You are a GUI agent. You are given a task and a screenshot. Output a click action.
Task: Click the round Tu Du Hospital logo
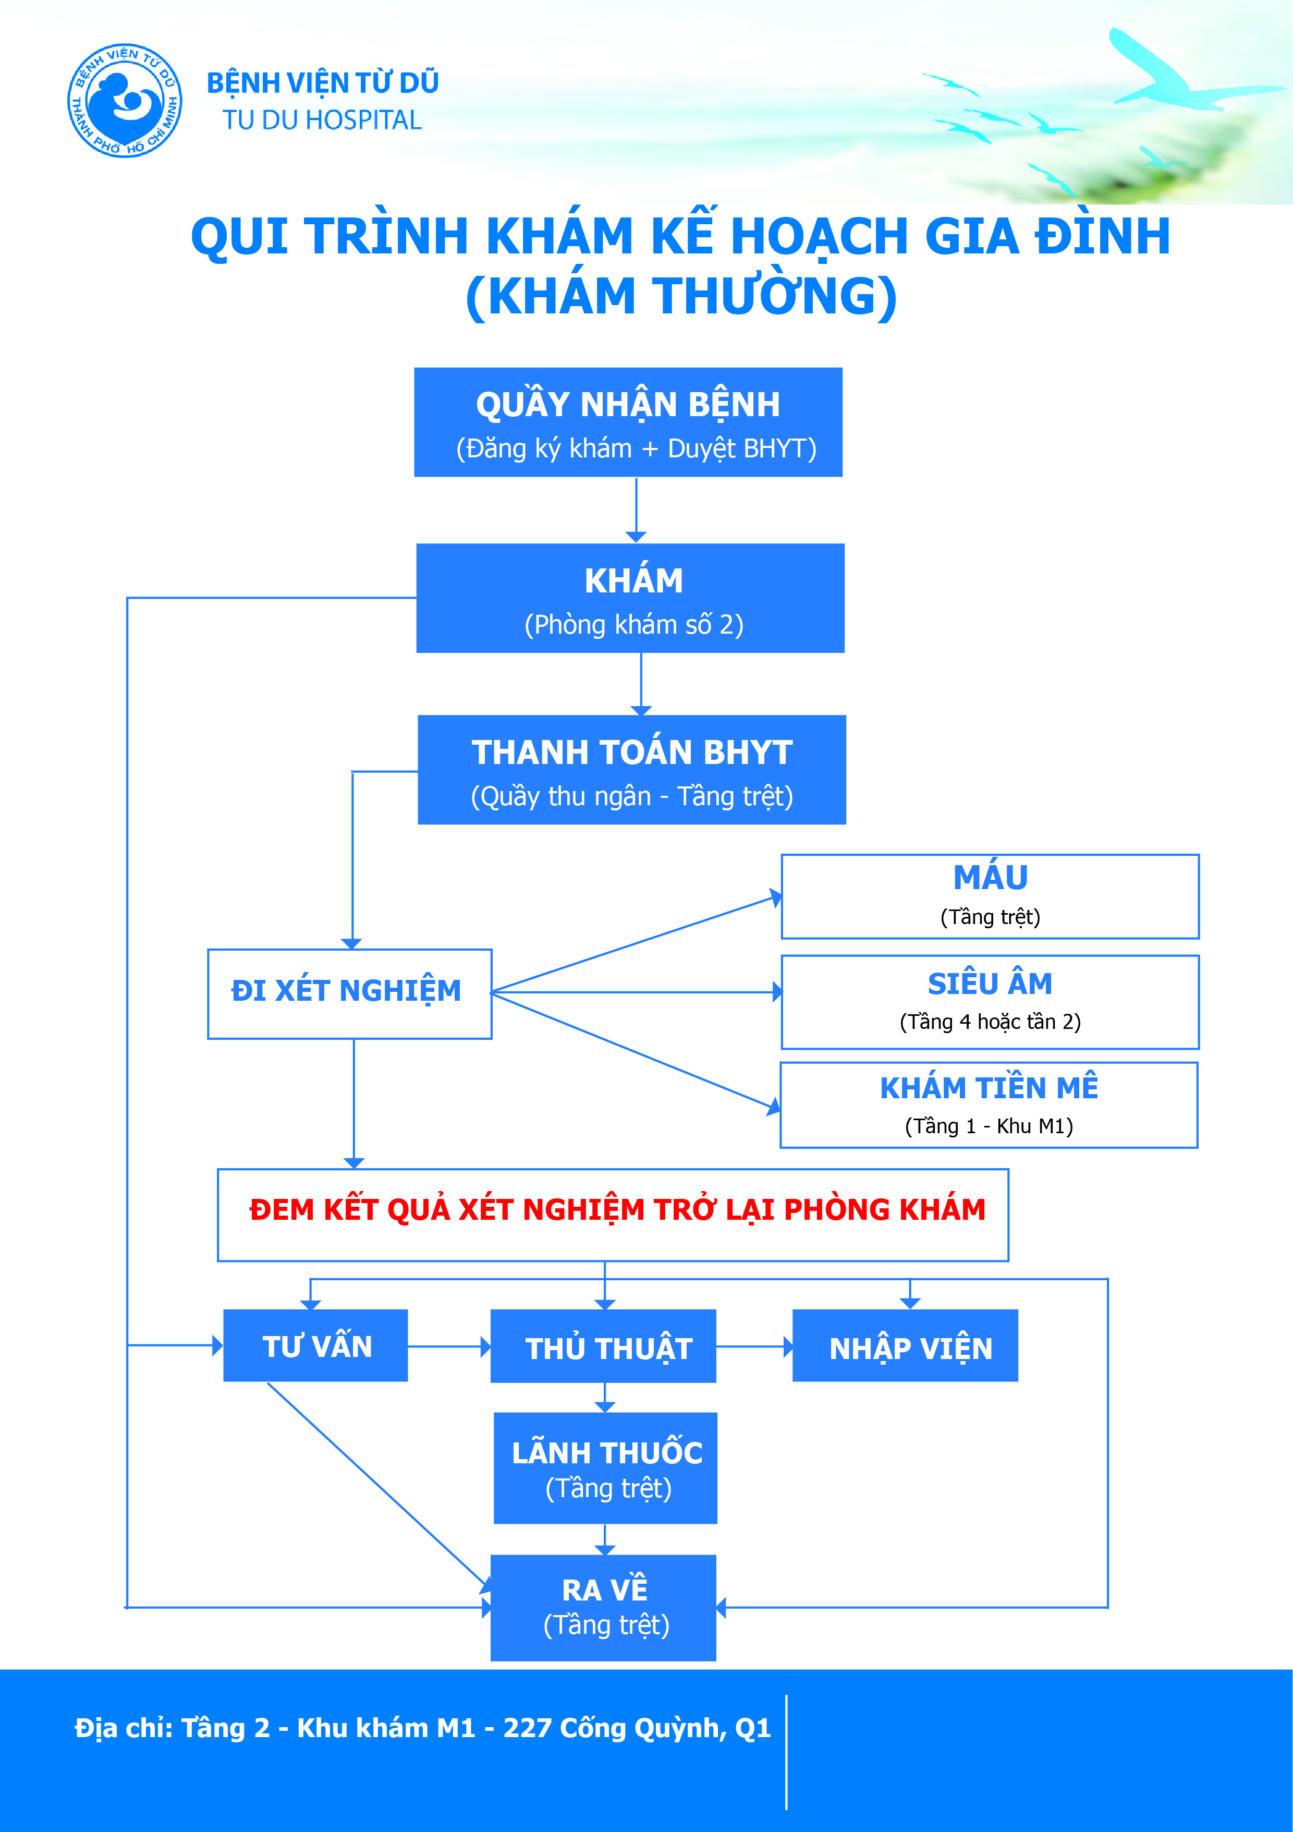click(x=125, y=101)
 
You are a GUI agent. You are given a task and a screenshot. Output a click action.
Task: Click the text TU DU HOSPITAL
click(x=322, y=120)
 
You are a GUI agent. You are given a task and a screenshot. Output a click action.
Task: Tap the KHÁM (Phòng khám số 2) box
click(x=630, y=599)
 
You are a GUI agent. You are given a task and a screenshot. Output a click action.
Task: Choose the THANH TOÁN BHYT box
click(x=632, y=770)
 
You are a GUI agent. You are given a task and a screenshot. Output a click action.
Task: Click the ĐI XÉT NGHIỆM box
click(x=349, y=994)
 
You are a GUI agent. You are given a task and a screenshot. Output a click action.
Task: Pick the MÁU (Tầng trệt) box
click(x=990, y=897)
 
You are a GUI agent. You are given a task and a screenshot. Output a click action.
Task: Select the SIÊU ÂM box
click(x=990, y=1002)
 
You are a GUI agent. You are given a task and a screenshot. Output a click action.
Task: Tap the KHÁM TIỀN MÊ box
click(x=989, y=1105)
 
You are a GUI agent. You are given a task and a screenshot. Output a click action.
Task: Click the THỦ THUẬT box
click(x=603, y=1346)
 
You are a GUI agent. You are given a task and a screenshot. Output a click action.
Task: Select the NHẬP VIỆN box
click(x=905, y=1345)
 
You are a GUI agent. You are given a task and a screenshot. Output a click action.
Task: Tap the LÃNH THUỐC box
click(x=605, y=1468)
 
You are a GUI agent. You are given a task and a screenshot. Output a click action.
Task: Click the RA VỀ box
click(x=603, y=1608)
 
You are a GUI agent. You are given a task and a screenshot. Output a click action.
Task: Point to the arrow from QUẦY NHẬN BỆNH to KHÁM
click(x=636, y=510)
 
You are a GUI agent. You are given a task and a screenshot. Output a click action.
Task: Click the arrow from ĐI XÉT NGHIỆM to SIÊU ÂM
click(x=637, y=992)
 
